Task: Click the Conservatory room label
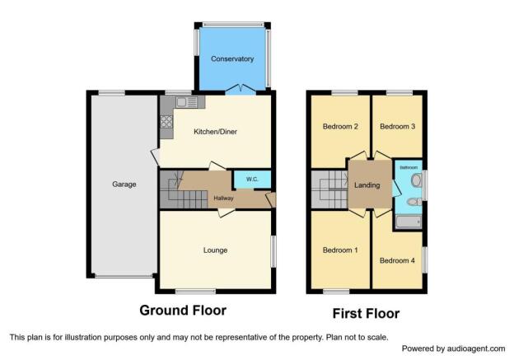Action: pyautogui.click(x=232, y=59)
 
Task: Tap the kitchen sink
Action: pyautogui.click(x=186, y=102)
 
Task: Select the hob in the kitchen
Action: pyautogui.click(x=166, y=122)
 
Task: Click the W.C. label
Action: pyautogui.click(x=252, y=180)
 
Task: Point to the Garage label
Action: pyautogui.click(x=124, y=185)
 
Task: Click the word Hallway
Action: pyautogui.click(x=223, y=198)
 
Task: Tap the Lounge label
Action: pyautogui.click(x=215, y=250)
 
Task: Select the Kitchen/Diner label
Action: pyautogui.click(x=215, y=132)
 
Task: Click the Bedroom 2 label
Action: pyautogui.click(x=340, y=126)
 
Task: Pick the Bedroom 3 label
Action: pyautogui.click(x=398, y=126)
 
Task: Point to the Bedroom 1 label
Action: pyautogui.click(x=340, y=250)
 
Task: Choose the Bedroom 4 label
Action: pyautogui.click(x=397, y=260)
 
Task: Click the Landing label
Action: pyautogui.click(x=367, y=185)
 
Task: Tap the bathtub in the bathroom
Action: pyautogui.click(x=409, y=222)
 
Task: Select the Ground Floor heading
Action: pyautogui.click(x=183, y=311)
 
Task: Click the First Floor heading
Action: pyautogui.click(x=367, y=314)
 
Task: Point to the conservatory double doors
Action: pyautogui.click(x=241, y=90)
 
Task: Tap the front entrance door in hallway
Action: pyautogui.click(x=272, y=199)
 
